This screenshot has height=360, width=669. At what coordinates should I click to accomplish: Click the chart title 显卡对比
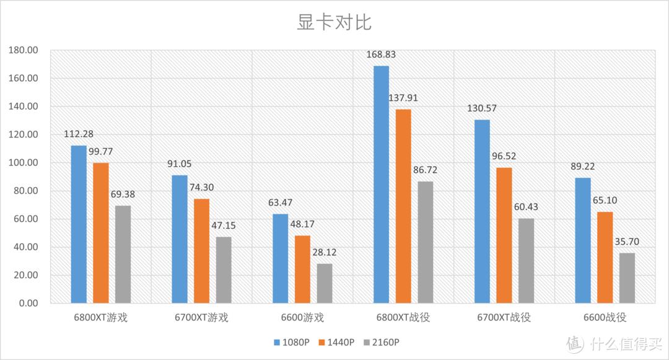334,22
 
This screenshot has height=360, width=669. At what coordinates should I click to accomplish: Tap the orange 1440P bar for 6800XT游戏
101,233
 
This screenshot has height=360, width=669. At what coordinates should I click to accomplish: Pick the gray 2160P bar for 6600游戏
325,283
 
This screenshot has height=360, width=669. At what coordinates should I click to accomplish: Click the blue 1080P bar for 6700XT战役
482,211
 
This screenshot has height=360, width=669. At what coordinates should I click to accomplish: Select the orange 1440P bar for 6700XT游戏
202,251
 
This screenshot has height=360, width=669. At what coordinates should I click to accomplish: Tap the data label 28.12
325,253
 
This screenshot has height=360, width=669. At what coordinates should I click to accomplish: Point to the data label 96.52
505,156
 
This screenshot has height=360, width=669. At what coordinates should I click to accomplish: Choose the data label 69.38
123,195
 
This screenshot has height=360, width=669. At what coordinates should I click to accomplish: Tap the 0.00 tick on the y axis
28,304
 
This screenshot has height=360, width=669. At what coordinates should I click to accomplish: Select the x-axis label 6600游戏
302,318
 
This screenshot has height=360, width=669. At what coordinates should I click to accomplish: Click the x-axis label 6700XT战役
504,318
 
